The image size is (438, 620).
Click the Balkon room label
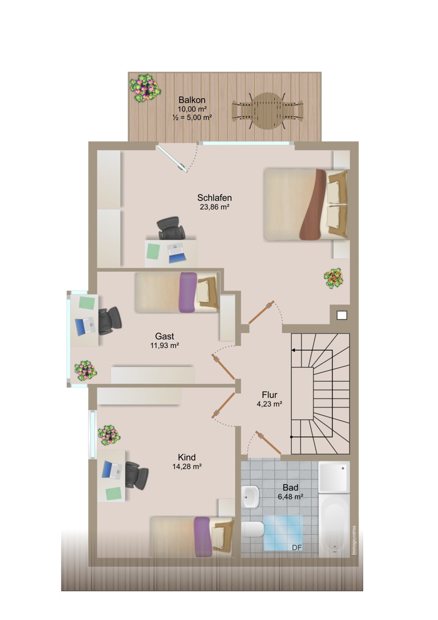pyautogui.click(x=192, y=100)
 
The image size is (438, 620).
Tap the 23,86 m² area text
pyautogui.click(x=214, y=207)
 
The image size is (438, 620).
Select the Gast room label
pyautogui.click(x=165, y=336)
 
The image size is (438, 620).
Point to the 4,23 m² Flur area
pyautogui.click(x=269, y=404)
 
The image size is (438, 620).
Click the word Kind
pyautogui.click(x=186, y=457)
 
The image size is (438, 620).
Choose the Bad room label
pyautogui.click(x=290, y=487)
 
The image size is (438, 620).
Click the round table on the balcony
pyautogui.click(x=267, y=111)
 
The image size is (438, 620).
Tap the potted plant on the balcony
pyautogui.click(x=146, y=88)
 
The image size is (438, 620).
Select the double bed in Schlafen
pyautogui.click(x=305, y=204)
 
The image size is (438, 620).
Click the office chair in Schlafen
pyautogui.click(x=171, y=228)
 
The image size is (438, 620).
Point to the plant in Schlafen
pyautogui.click(x=334, y=278)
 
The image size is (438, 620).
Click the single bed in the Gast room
pyautogui.click(x=177, y=292)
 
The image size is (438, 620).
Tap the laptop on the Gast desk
pyautogui.click(x=85, y=327)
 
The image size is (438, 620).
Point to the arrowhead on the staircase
pyautogui.click(x=293, y=350)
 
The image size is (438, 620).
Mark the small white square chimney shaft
pyautogui.click(x=342, y=315)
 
